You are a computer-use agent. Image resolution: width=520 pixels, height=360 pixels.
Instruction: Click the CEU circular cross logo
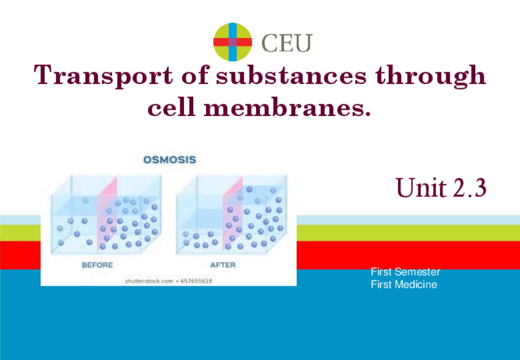[233, 42]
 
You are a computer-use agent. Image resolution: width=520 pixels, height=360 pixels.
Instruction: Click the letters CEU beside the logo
[287, 42]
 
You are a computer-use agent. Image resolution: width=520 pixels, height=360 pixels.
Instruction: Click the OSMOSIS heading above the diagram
[169, 160]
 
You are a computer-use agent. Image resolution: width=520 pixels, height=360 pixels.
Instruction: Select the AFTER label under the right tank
[223, 265]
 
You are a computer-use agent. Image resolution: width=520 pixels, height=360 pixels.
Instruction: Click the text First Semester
[405, 272]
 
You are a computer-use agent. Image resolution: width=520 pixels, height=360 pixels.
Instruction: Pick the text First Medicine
[403, 285]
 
